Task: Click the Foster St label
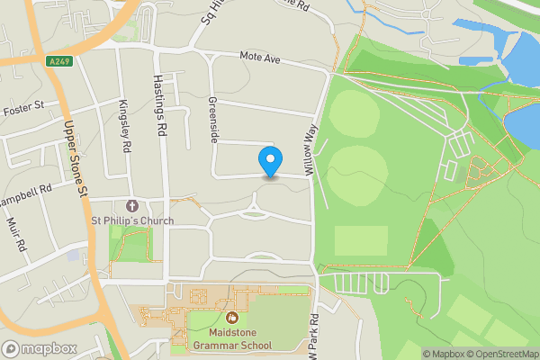click(x=23, y=109)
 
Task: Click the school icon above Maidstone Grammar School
click(x=231, y=317)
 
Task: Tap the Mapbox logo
click(x=40, y=349)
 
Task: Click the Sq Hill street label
click(x=206, y=16)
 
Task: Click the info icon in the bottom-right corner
click(x=414, y=353)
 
